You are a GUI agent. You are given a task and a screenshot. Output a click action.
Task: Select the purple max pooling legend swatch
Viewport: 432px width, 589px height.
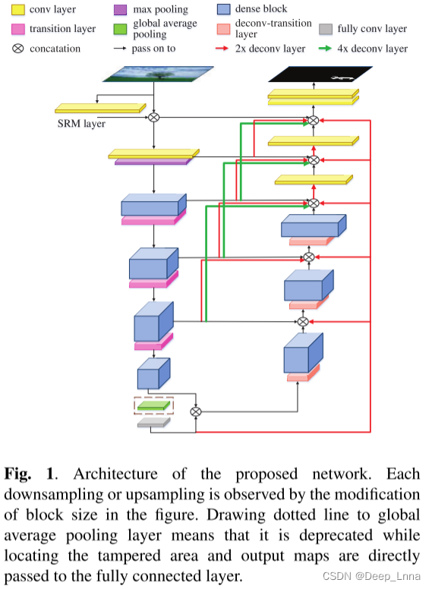(119, 11)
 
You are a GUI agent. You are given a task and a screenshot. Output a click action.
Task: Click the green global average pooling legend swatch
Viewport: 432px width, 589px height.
(119, 29)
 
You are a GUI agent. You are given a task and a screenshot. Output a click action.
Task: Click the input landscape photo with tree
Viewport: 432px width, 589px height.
(154, 74)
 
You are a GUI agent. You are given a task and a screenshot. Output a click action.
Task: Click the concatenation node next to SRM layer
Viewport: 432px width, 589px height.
(154, 117)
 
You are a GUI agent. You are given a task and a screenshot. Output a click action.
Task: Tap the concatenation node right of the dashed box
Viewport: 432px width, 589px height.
(196, 411)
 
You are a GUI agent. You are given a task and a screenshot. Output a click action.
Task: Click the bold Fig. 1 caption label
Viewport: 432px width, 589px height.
(30, 474)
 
